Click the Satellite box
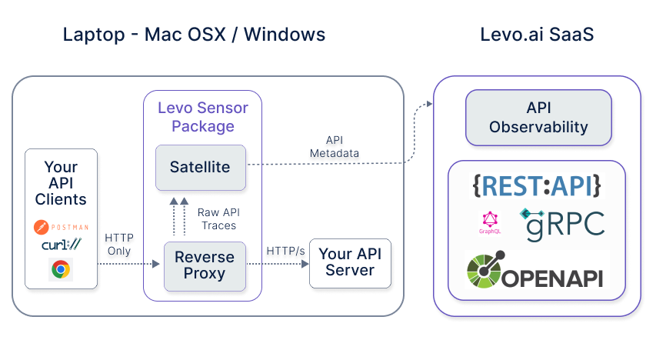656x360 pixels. [200, 167]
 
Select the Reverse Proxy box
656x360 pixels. [205, 265]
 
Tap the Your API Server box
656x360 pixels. [350, 262]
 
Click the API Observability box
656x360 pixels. [538, 118]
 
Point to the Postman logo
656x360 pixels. [61, 227]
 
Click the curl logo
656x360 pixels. [61, 245]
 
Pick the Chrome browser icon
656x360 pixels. [61, 268]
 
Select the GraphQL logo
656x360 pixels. [491, 222]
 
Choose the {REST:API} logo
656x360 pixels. [536, 185]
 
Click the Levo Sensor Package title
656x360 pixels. [203, 117]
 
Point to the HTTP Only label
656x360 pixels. [118, 244]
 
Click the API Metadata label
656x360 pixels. [334, 147]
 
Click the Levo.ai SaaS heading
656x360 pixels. [537, 35]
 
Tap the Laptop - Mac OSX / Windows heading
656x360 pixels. [194, 35]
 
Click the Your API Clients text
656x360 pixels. [61, 183]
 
